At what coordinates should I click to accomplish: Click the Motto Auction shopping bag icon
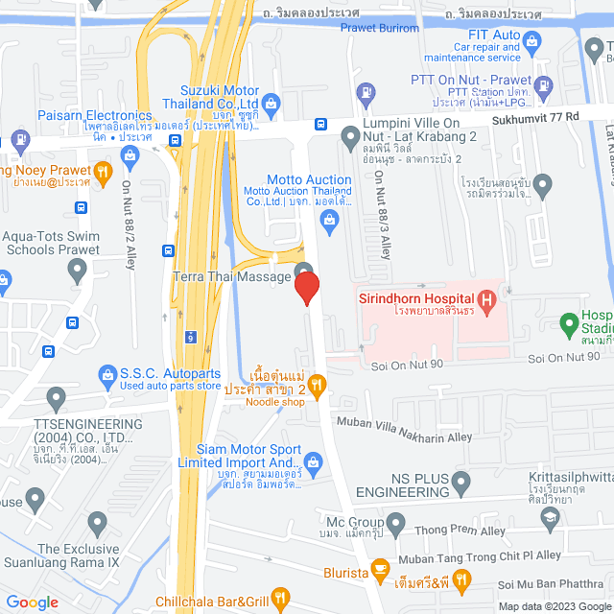tap(330, 223)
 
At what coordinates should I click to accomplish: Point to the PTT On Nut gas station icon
tap(365, 93)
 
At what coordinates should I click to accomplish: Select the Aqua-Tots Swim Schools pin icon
tap(78, 272)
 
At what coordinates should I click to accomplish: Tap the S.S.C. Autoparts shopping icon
tap(106, 372)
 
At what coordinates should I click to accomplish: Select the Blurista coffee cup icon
tap(381, 567)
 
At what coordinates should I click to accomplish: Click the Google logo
tap(32, 602)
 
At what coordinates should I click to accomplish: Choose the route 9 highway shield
tap(192, 338)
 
